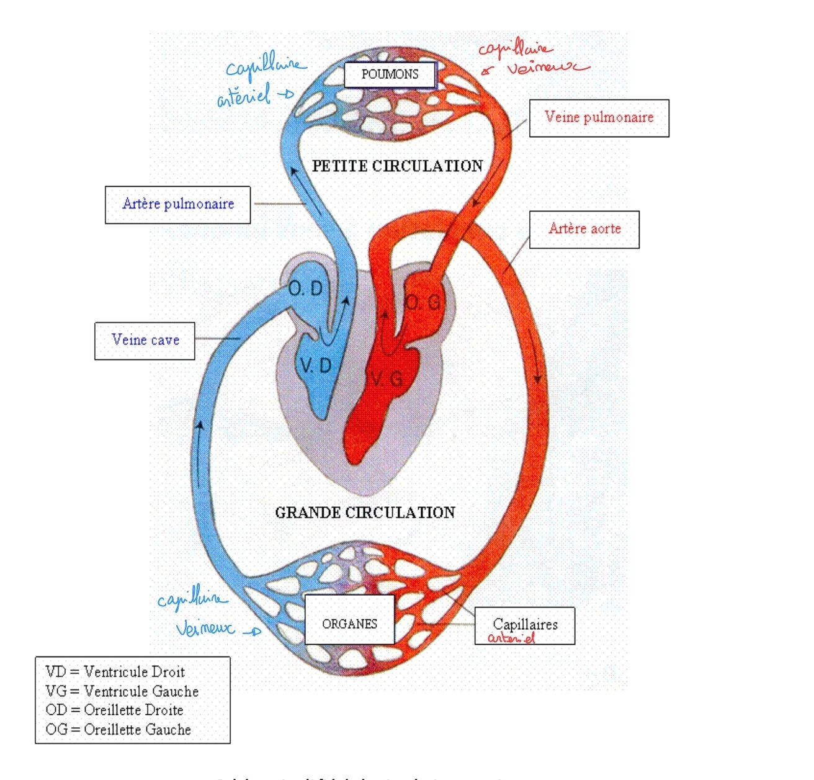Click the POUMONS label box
390,75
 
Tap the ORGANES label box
349,623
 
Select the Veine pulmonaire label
599,117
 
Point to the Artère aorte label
584,229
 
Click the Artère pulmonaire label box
178,204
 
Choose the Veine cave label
145,340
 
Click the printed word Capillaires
525,624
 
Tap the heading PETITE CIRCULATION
397,166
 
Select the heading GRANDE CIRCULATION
365,513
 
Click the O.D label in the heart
306,289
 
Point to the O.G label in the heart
423,303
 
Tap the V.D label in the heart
316,366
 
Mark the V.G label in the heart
387,379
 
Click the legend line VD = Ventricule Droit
115,672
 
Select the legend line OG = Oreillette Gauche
118,730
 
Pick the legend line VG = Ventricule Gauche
122,691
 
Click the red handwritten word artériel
511,638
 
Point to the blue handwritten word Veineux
205,629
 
